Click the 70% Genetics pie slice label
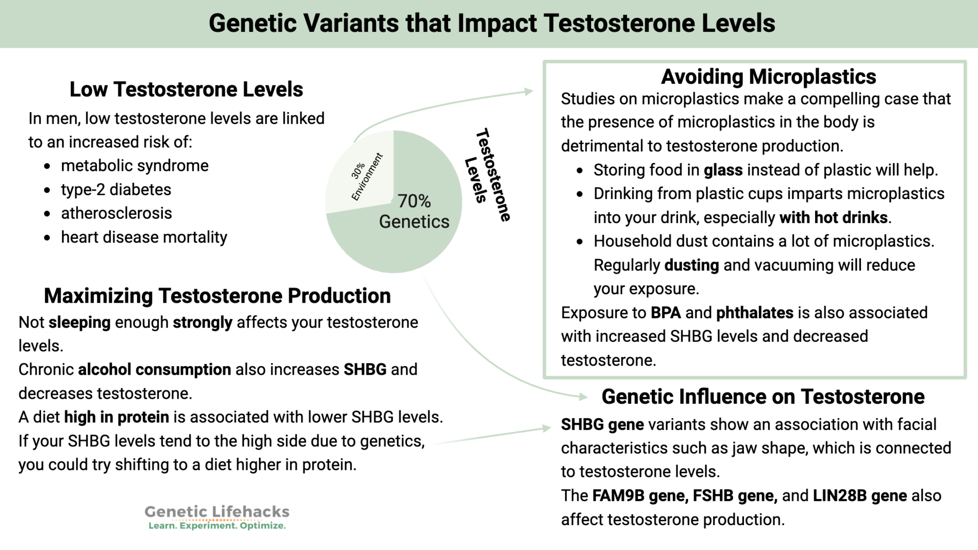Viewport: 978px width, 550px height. (x=414, y=212)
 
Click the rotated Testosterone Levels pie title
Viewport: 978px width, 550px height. (x=488, y=174)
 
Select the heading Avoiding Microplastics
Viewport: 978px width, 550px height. (x=768, y=76)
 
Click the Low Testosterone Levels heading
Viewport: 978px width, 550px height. (x=186, y=89)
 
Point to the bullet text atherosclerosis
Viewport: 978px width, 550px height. (x=116, y=213)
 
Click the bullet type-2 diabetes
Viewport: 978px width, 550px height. (x=116, y=190)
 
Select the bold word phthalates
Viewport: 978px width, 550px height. (x=755, y=313)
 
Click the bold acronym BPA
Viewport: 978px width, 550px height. (x=666, y=313)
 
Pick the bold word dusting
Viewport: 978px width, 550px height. (x=691, y=265)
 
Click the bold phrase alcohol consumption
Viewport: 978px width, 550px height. (x=154, y=370)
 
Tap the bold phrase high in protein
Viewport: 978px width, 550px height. (x=117, y=417)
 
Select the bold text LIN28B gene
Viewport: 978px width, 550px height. (x=860, y=496)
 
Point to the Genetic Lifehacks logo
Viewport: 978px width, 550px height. (x=217, y=512)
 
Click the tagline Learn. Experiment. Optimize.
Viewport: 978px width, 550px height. (x=217, y=526)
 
